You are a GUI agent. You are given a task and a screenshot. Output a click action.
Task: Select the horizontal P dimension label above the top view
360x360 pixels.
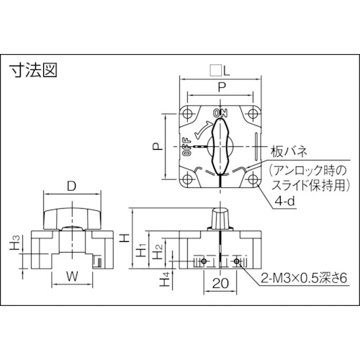pos(220,87)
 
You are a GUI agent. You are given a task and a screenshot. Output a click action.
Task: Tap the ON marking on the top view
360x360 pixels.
pos(220,113)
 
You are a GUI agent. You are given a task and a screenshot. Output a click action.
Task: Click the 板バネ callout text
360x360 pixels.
pos(289,151)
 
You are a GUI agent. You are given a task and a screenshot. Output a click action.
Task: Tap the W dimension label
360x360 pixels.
pos(71,275)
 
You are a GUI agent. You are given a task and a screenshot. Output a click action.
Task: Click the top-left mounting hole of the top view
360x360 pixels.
pos(189,114)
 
